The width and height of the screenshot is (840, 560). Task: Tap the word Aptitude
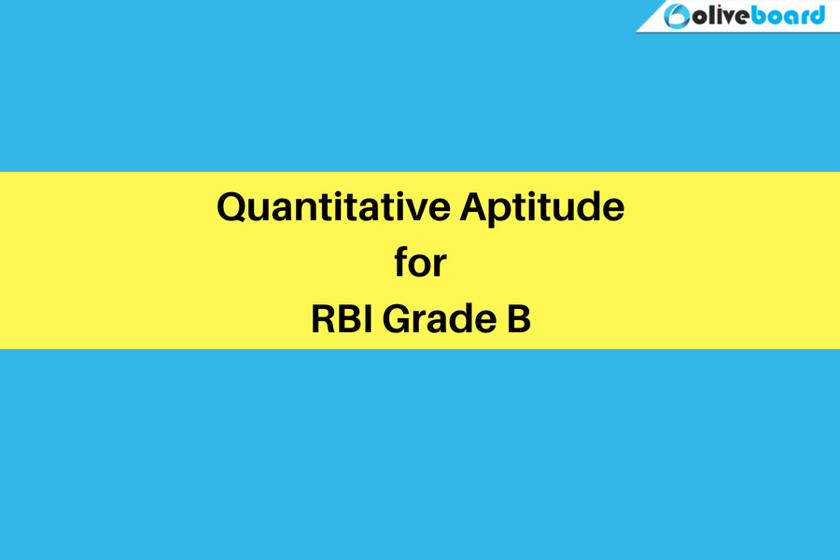[x=541, y=208]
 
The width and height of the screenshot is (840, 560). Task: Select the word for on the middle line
[x=420, y=262]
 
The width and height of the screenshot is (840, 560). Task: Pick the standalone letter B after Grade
[x=519, y=319]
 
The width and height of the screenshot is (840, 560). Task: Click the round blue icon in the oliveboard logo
[x=677, y=16]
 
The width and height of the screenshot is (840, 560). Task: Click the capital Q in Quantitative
[x=232, y=208]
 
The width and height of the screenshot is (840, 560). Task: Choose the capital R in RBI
[x=323, y=319]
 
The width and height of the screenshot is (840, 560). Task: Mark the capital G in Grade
[x=397, y=319]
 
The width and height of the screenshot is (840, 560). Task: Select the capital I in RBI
[x=365, y=319]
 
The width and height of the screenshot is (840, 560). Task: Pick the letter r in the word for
[x=441, y=265]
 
